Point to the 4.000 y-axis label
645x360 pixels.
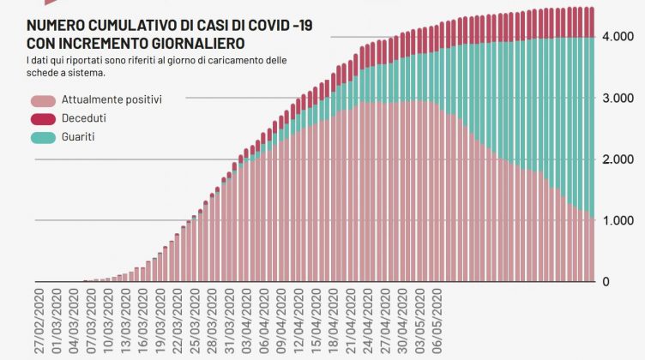pyautogui.click(x=617, y=37)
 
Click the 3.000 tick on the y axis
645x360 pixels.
pyautogui.click(x=617, y=99)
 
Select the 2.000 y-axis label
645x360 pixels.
pyautogui.click(x=617, y=159)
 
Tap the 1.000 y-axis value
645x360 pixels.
pyautogui.click(x=617, y=220)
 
